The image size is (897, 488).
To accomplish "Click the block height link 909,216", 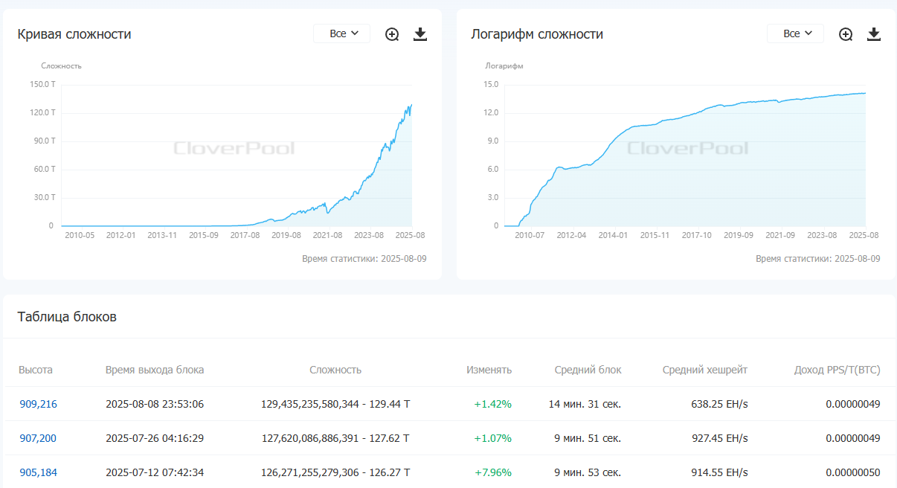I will [38, 404].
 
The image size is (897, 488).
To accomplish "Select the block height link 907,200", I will [38, 438].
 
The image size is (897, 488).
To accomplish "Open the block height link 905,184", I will [38, 472].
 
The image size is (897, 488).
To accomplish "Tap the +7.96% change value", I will [492, 472].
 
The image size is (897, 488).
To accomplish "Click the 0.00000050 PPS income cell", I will [852, 472].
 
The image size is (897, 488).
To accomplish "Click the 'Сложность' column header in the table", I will [335, 370].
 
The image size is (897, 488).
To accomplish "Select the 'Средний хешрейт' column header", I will [704, 370].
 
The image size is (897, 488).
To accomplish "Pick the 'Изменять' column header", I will [489, 370].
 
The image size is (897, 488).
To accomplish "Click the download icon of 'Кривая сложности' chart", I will [420, 34].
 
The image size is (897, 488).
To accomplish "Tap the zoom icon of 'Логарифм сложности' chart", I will [846, 34].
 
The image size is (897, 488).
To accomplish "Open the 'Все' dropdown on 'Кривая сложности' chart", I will [342, 33].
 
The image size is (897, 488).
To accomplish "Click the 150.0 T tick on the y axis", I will [42, 84].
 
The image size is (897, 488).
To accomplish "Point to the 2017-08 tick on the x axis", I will [244, 235].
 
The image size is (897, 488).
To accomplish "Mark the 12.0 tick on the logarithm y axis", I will [490, 113].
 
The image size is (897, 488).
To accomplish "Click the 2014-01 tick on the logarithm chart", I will [613, 235].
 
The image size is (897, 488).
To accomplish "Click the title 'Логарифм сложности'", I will [537, 34].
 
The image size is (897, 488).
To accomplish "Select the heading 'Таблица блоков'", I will [67, 317].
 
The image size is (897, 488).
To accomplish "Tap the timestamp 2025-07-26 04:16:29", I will [155, 438].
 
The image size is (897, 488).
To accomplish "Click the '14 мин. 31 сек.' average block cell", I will [585, 404].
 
